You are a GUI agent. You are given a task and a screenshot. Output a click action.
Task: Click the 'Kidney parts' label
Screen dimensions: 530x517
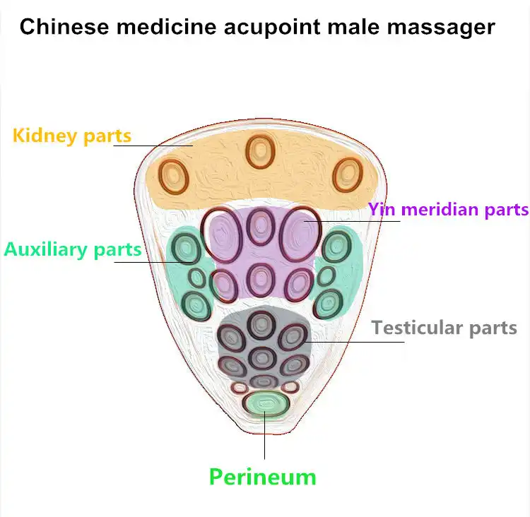71,136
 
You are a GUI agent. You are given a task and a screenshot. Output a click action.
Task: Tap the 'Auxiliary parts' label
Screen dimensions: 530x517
73,249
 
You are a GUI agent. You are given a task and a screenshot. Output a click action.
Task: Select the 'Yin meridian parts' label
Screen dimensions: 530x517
449,210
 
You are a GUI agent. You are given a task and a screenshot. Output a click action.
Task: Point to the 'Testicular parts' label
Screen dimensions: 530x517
444,328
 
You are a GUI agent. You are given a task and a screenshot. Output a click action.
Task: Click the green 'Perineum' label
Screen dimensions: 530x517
263,477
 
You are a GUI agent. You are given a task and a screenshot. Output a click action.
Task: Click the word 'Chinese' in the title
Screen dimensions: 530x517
64,27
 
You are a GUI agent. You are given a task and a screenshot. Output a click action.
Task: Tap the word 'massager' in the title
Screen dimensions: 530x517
441,28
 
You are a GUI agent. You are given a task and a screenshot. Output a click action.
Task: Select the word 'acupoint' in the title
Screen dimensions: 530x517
272,28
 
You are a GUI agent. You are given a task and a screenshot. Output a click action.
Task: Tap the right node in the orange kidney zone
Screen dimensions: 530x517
348,175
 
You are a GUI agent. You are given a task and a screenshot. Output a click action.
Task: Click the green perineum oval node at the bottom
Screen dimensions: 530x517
266,404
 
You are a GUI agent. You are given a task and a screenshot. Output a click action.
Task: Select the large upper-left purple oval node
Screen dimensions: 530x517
222,234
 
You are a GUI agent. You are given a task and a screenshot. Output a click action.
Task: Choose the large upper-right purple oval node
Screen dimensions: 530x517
300,234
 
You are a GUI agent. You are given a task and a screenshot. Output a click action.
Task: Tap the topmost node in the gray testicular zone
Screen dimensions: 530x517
261,324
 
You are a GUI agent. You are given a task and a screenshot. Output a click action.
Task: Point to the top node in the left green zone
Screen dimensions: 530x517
186,249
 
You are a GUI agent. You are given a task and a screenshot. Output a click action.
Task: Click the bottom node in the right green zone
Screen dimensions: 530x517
329,304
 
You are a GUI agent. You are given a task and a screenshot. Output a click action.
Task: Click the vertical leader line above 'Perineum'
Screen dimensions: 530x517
265,435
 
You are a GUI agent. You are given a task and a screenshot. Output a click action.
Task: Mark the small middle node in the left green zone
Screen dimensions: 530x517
197,278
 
